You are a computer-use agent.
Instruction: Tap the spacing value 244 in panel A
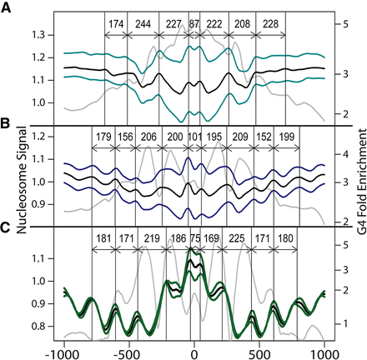click(x=146, y=24)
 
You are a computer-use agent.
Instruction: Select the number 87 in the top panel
click(x=194, y=24)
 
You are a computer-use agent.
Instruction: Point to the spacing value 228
click(x=270, y=24)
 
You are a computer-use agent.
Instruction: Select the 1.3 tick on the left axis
click(x=40, y=35)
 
